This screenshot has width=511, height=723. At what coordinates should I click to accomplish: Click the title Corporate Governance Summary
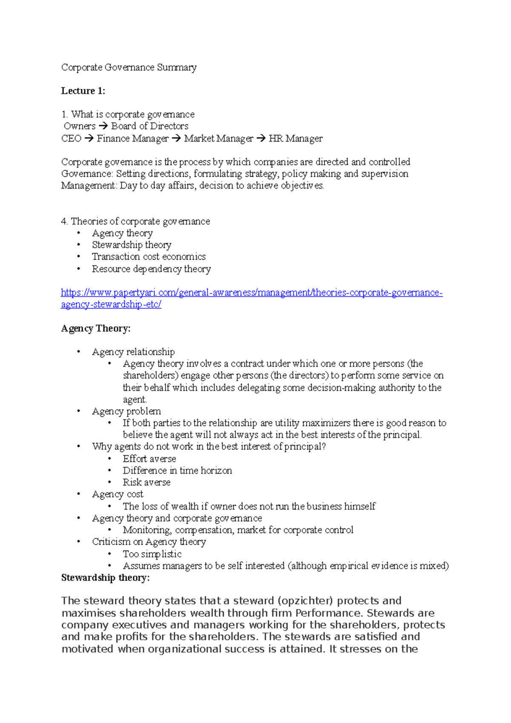pos(129,67)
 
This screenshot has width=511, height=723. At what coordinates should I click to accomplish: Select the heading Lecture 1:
pos(83,91)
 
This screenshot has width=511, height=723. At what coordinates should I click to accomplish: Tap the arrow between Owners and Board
pos(103,126)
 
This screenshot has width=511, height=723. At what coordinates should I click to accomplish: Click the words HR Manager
pos(296,138)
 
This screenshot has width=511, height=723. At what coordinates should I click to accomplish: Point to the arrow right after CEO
pos(89,138)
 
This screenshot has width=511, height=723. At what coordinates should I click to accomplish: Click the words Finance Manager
pos(132,138)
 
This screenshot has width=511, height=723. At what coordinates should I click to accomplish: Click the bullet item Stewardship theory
pos(132,245)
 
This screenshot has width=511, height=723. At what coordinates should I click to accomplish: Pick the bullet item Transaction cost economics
pos(149,257)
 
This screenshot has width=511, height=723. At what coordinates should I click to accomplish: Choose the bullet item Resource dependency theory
pos(151,269)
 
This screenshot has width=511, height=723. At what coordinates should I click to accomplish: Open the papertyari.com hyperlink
pos(251,293)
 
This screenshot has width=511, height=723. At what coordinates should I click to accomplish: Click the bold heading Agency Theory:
pos(96,328)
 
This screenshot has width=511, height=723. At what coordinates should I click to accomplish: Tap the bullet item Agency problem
pos(126,411)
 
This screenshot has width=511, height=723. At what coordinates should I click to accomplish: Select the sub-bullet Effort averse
pos(149,459)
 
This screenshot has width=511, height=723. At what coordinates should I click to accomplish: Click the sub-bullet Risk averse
pos(146,482)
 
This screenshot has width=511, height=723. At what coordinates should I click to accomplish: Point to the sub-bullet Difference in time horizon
pos(177,471)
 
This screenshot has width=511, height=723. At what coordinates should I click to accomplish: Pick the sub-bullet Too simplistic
pos(152,554)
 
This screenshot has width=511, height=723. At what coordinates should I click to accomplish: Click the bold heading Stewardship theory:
pos(105,578)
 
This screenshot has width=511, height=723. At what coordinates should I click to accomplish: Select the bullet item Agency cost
pos(118,494)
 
